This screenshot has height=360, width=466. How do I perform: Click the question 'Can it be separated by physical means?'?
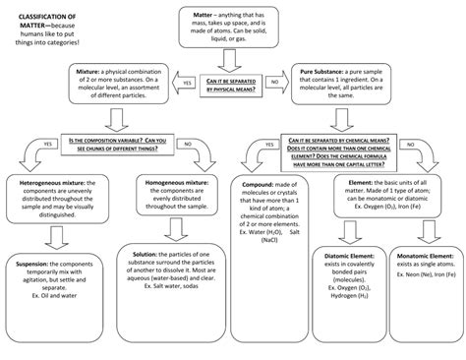click(232, 86)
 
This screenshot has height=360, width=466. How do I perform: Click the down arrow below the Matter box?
click(232, 61)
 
